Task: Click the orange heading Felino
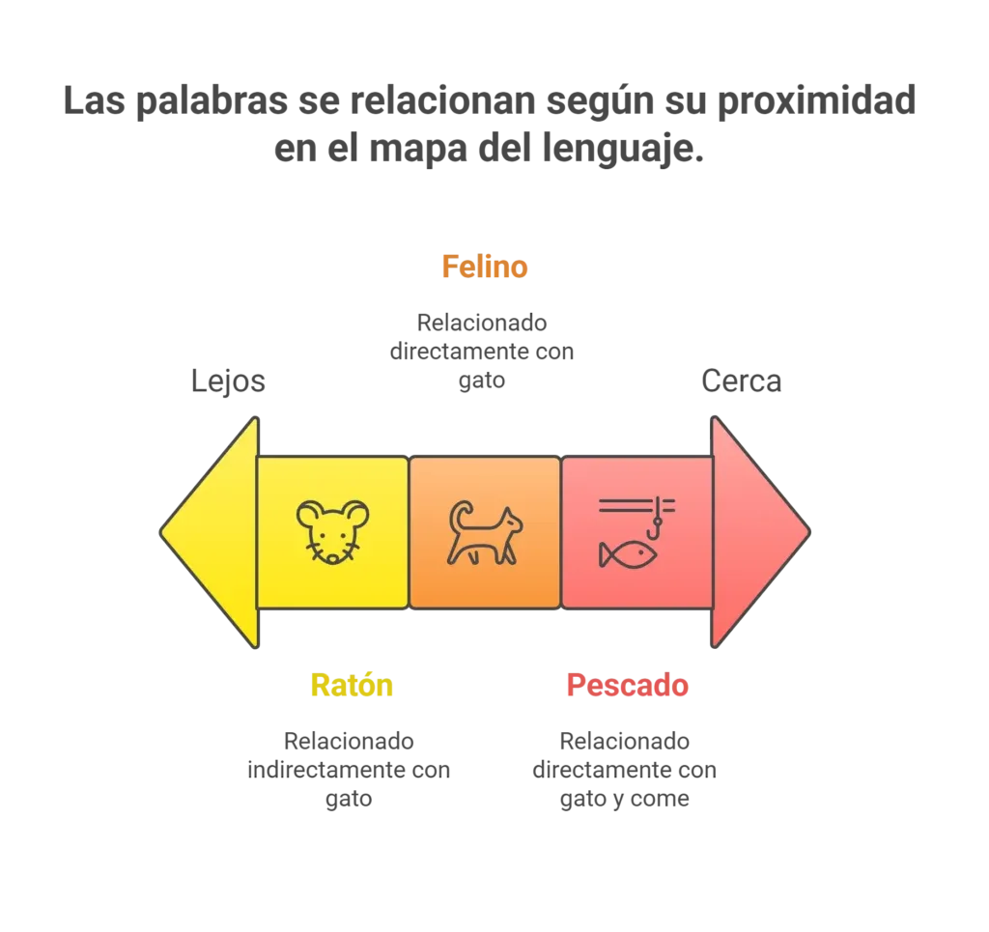(485, 267)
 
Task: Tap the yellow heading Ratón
(352, 685)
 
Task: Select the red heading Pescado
(627, 685)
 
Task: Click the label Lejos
(228, 381)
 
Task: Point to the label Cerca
(741, 381)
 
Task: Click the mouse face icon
(333, 531)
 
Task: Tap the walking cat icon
(485, 533)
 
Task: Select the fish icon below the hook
(628, 555)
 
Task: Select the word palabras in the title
(212, 100)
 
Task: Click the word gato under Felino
(482, 381)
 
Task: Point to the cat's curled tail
(462, 516)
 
